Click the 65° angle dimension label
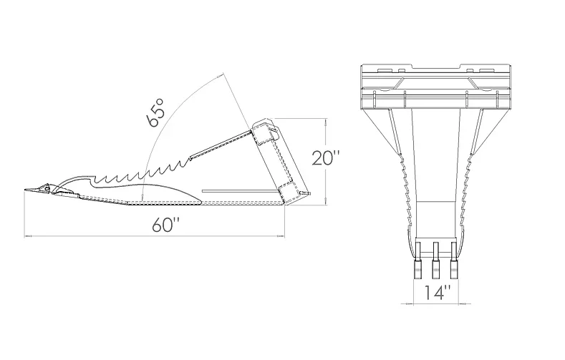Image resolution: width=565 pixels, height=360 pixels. [x=155, y=112]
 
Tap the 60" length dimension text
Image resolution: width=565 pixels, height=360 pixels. [x=165, y=225]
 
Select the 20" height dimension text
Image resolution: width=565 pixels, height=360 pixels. [x=326, y=158]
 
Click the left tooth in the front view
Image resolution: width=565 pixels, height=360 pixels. [x=418, y=260]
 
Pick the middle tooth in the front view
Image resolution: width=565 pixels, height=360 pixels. [x=435, y=260]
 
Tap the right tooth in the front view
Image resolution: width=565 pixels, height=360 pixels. [x=453, y=260]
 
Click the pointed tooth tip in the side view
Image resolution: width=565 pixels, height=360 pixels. [x=25, y=190]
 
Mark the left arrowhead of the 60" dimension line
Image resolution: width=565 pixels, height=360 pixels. [x=28, y=236]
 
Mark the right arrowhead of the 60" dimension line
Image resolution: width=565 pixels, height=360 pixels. [x=281, y=236]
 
